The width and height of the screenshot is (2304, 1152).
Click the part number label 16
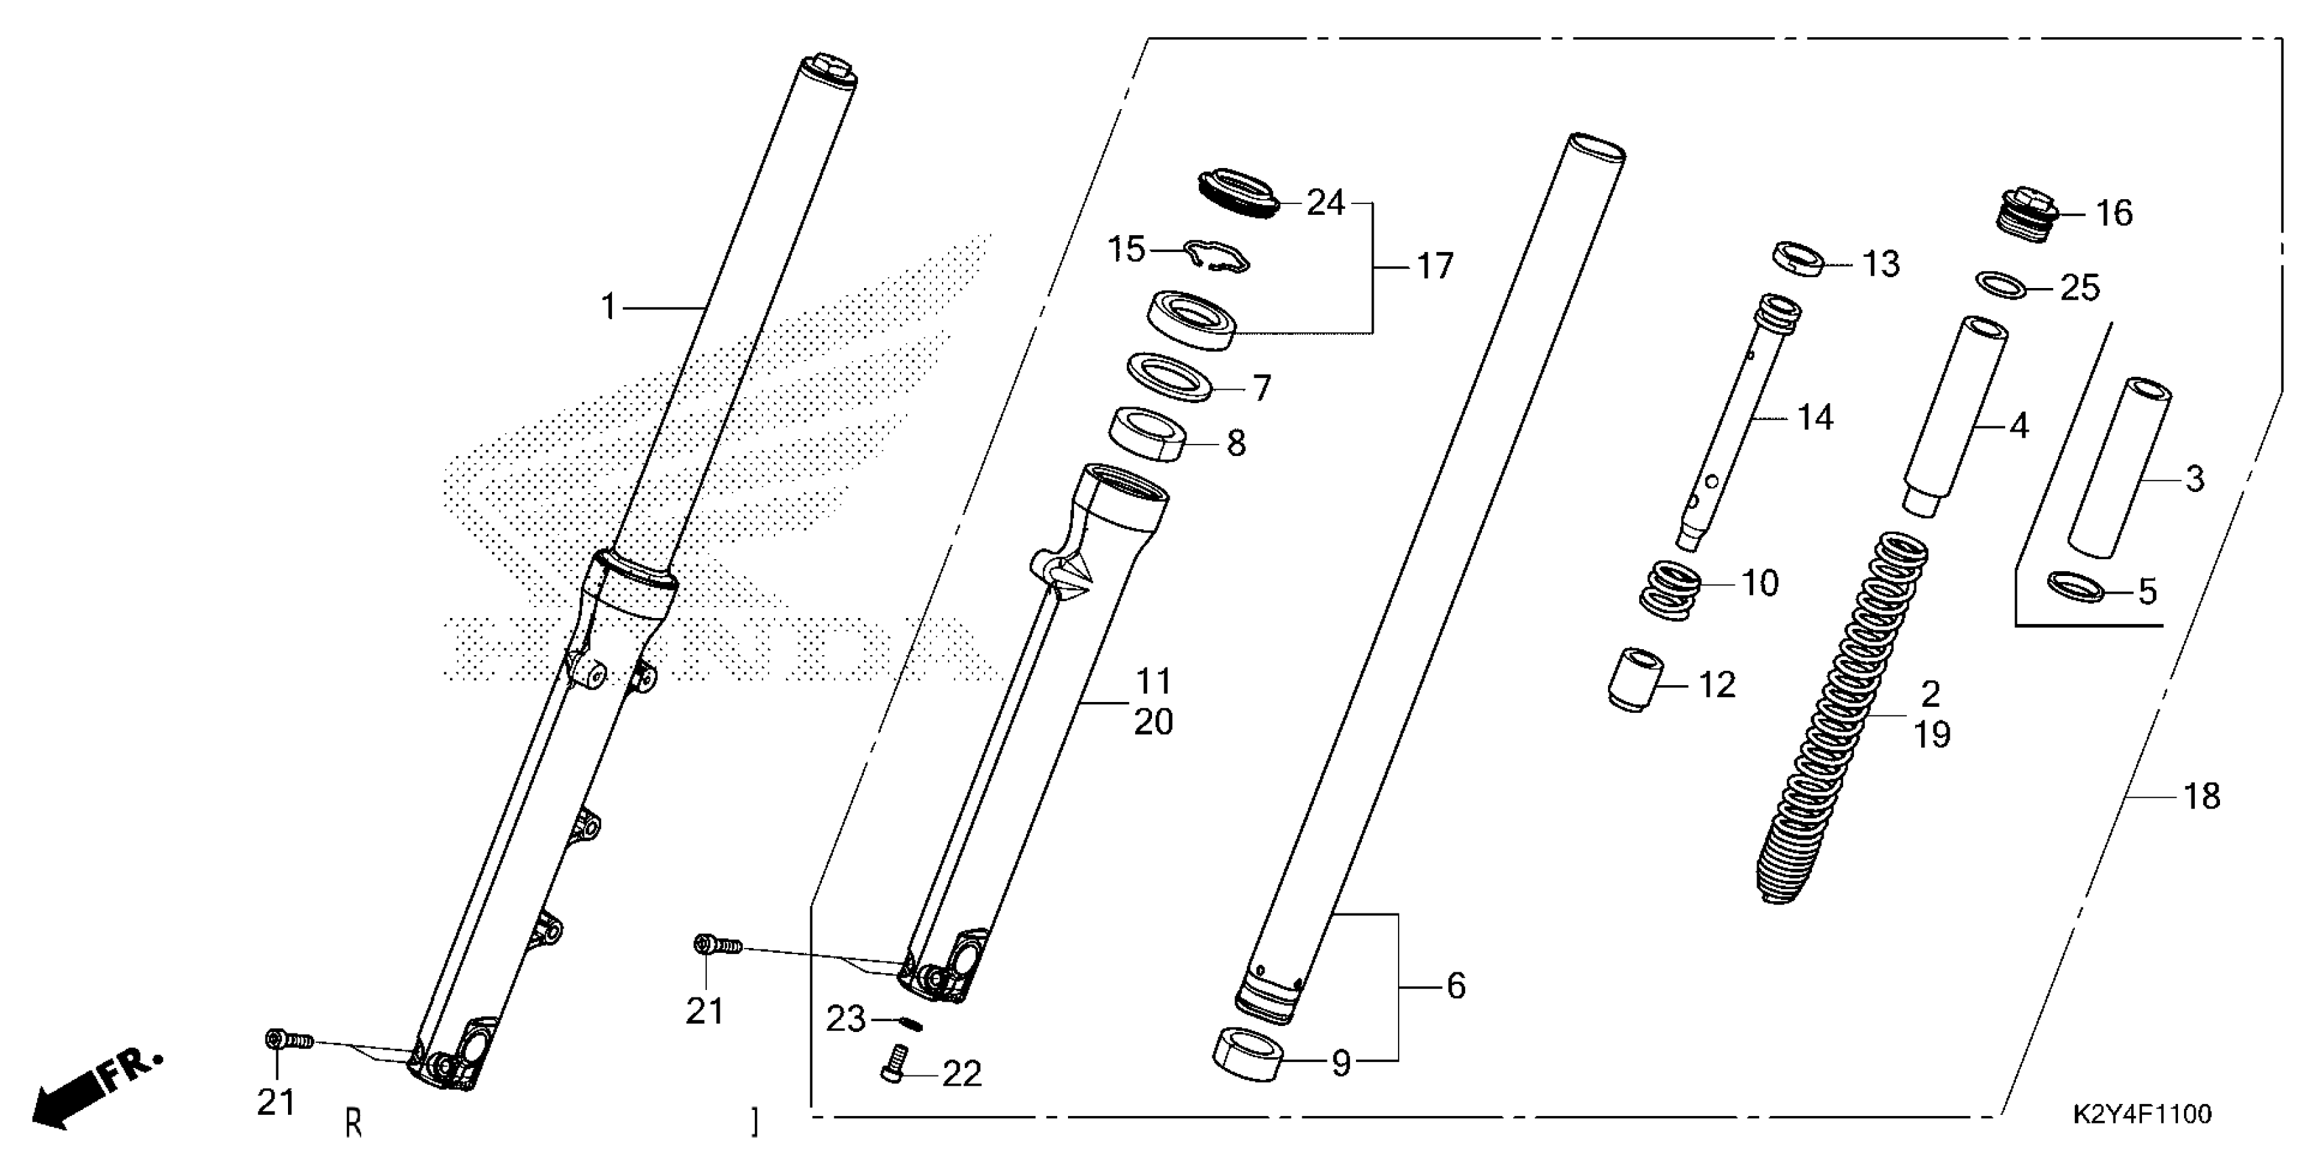[2114, 213]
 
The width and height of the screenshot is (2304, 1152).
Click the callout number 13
[1881, 265]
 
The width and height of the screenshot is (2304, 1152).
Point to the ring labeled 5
[2075, 587]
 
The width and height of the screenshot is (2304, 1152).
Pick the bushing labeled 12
[1634, 680]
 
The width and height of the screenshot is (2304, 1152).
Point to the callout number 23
[845, 1019]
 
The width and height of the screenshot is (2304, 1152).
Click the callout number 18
[2202, 796]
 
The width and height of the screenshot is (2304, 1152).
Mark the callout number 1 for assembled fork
[609, 308]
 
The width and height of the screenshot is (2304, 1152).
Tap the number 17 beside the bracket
[1435, 266]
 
